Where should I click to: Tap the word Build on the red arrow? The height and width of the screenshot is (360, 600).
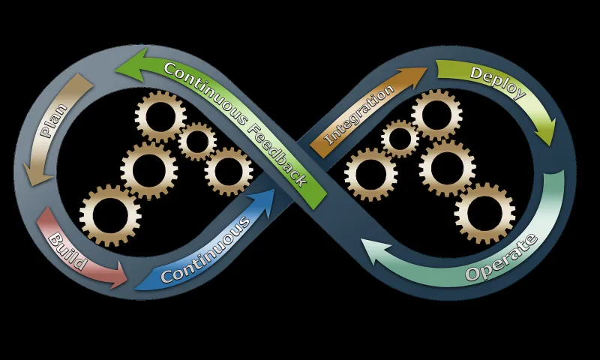click(68, 253)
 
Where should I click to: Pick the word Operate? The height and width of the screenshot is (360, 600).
click(502, 259)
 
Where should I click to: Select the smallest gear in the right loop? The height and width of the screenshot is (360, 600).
click(400, 139)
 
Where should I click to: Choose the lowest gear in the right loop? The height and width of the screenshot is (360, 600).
click(484, 212)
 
